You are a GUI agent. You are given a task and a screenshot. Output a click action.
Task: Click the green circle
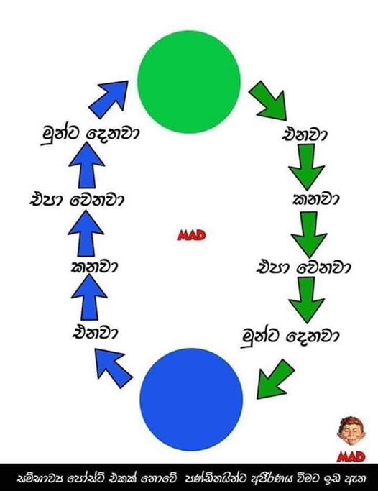189,82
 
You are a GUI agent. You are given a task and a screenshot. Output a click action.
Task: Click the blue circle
191,400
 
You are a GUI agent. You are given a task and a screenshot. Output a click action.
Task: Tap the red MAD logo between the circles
191,235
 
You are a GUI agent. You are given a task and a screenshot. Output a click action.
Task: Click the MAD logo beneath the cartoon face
351,457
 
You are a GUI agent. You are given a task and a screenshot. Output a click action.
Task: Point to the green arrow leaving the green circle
269,101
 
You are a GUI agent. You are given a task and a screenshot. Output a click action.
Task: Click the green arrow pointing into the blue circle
275,380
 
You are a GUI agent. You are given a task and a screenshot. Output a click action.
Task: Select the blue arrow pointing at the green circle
109,99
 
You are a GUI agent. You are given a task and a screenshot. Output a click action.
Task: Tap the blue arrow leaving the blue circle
113,368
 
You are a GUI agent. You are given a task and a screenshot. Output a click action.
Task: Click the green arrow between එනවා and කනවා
306,167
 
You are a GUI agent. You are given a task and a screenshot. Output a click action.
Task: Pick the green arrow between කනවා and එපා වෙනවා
309,234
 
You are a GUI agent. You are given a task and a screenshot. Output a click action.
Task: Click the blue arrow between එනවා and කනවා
89,297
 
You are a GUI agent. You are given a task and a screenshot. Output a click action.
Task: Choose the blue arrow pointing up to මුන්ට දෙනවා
86,165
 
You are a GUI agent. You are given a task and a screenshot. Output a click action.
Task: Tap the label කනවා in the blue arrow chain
94,267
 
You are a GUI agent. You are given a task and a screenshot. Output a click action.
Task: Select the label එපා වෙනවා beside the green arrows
303,268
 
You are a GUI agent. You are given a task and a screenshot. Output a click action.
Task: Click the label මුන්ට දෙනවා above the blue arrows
90,134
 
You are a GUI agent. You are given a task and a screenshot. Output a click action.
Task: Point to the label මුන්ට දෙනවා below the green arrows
290,337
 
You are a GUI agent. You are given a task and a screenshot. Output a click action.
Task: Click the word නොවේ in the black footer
160,478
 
